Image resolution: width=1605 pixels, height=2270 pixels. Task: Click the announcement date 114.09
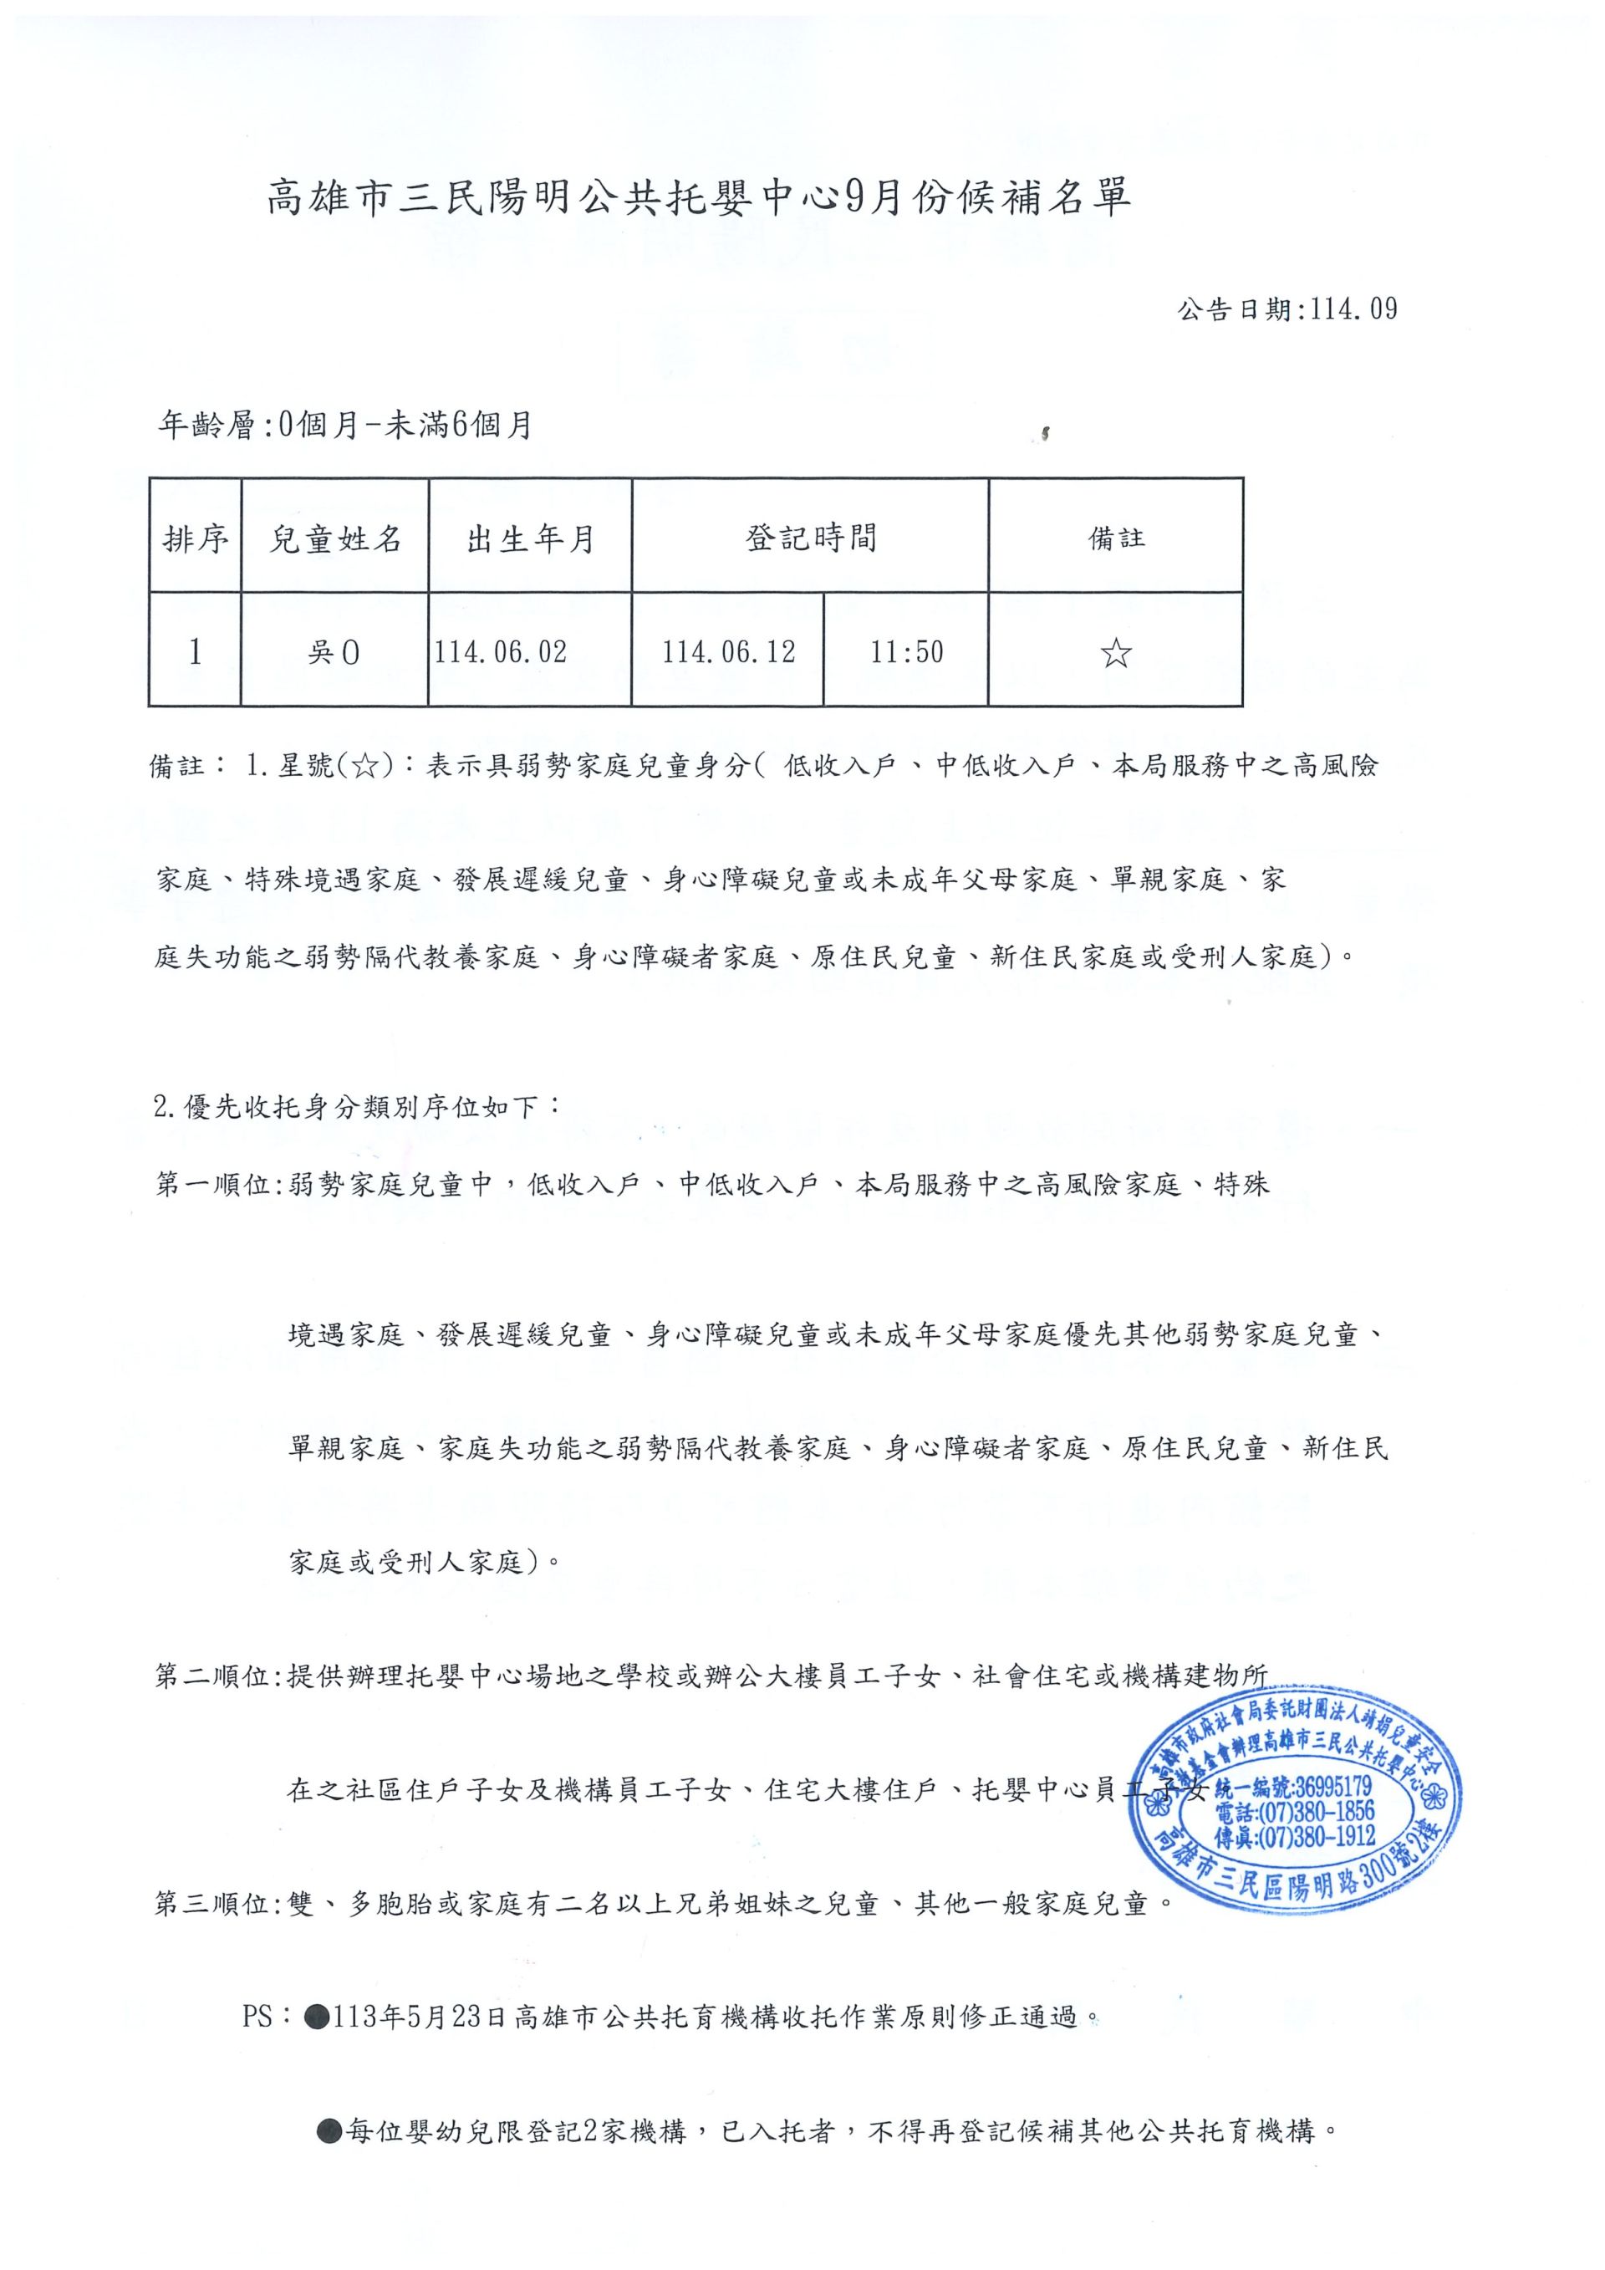click(x=1287, y=309)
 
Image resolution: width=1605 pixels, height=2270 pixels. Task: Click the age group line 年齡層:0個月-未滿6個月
click(x=346, y=425)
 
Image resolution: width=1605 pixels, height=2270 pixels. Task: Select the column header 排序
click(x=195, y=538)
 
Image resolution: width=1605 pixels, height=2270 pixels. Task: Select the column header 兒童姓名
click(x=335, y=538)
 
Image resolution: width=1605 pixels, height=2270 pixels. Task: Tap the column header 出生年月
click(x=531, y=538)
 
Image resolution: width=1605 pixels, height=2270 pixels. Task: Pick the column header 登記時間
click(x=810, y=538)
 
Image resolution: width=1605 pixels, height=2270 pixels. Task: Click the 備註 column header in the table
click(x=1116, y=538)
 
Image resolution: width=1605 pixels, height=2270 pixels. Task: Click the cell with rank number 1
click(x=195, y=651)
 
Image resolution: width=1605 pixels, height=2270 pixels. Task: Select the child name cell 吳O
click(x=334, y=652)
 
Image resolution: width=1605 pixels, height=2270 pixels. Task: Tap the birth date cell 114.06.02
click(x=501, y=652)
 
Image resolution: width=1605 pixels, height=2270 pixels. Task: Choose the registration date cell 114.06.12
click(x=728, y=652)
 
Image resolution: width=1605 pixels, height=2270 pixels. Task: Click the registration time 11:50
click(x=906, y=652)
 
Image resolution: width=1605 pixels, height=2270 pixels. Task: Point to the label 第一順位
click(x=215, y=1185)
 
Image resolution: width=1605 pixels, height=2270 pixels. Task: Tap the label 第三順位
click(x=215, y=1903)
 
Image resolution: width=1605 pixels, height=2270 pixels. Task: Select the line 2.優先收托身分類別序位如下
click(x=357, y=1107)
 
